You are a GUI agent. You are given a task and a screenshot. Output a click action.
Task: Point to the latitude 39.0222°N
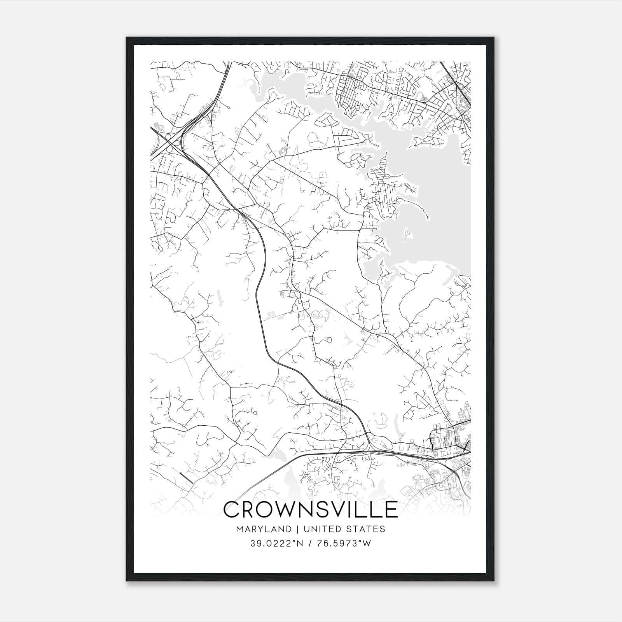tap(276, 543)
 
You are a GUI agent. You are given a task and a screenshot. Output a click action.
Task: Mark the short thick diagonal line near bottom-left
tap(187, 478)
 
